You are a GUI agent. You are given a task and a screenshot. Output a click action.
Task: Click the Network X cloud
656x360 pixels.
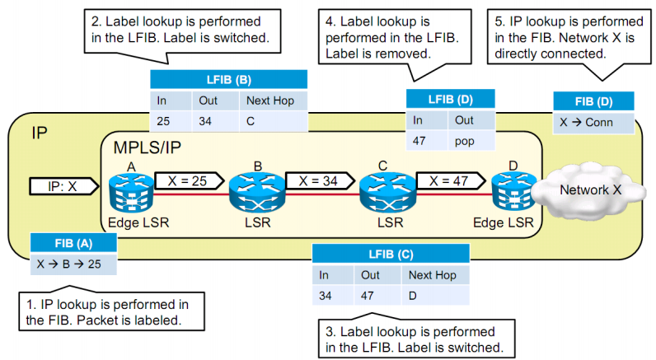(x=589, y=190)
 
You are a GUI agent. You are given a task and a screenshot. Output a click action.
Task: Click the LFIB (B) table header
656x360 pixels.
(x=228, y=79)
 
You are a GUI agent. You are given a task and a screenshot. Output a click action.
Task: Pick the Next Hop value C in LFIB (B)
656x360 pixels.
(x=251, y=121)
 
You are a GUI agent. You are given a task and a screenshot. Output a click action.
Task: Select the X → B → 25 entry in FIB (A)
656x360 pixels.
(x=72, y=264)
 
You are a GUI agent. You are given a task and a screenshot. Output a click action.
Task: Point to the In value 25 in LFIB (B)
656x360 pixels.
(x=163, y=121)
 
